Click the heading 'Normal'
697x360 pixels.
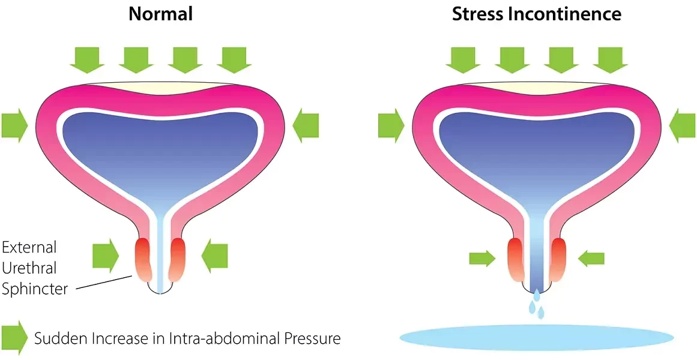(x=160, y=14)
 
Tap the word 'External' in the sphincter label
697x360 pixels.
(x=29, y=247)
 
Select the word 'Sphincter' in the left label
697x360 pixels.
(x=34, y=289)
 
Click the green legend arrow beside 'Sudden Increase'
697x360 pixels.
(x=14, y=338)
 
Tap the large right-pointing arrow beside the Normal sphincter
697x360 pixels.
(x=106, y=256)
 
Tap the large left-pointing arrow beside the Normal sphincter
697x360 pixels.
(x=214, y=256)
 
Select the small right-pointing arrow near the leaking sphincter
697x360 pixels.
(x=481, y=259)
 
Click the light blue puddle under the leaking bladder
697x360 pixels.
(x=536, y=337)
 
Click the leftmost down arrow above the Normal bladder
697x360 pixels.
(x=87, y=59)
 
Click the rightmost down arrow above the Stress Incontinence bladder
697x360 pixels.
(x=611, y=59)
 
